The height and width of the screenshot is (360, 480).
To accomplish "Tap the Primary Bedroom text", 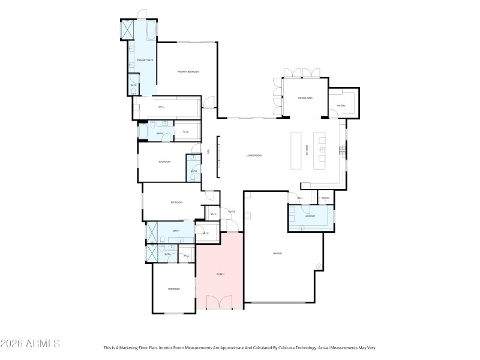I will [188, 71].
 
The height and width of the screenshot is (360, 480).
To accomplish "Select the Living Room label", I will [254, 155].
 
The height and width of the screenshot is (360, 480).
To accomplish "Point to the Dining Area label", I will [305, 98].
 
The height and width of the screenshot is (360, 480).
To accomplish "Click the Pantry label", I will [341, 106].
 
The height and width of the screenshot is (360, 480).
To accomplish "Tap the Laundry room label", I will [310, 217].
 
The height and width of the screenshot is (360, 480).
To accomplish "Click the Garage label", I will [277, 253].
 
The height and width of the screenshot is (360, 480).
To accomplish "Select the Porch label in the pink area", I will [220, 274].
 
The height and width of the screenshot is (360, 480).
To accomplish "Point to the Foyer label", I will [231, 212].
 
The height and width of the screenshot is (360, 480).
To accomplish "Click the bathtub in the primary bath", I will [151, 29].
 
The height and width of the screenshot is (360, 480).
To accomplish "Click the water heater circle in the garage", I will [320, 266].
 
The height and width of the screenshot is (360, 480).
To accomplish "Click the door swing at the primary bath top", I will [140, 14].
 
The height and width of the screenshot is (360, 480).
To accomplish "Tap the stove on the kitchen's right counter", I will [343, 149].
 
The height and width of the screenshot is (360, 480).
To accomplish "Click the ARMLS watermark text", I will [30, 344].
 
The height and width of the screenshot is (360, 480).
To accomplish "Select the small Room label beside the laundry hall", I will [326, 198].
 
